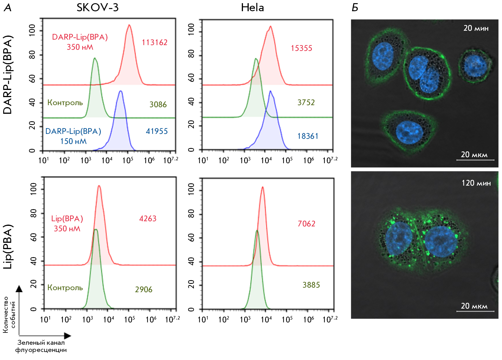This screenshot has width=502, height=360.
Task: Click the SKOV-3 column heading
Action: coord(97,7)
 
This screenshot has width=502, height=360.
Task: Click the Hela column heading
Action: coord(252,7)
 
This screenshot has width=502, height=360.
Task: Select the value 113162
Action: coord(155,43)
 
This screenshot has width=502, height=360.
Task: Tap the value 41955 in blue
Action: coord(157,131)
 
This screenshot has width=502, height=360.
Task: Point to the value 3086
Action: coord(158,105)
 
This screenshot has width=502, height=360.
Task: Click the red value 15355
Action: coord(301,48)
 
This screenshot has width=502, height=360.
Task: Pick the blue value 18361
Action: coord(308,136)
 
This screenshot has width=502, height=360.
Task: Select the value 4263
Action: coord(148,219)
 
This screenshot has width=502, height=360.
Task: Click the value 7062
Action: coord(306,224)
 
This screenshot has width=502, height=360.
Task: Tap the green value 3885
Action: coord(311,285)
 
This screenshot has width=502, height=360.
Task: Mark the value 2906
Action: coord(144,290)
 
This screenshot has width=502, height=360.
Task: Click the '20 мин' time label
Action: coord(476,28)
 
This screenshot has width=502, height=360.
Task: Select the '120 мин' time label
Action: coord(476,183)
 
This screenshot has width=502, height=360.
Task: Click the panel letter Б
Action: coord(355,8)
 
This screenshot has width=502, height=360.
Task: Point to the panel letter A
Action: coord(7,8)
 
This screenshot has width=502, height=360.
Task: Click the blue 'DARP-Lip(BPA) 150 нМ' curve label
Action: coord(73,136)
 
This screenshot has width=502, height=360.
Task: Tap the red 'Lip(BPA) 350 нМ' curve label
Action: coord(67,224)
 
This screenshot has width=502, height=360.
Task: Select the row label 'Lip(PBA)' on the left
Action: coord(8,247)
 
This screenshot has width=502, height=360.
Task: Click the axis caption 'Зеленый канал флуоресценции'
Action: coord(41,346)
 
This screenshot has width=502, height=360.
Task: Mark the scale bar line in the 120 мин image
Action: coord(475,311)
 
